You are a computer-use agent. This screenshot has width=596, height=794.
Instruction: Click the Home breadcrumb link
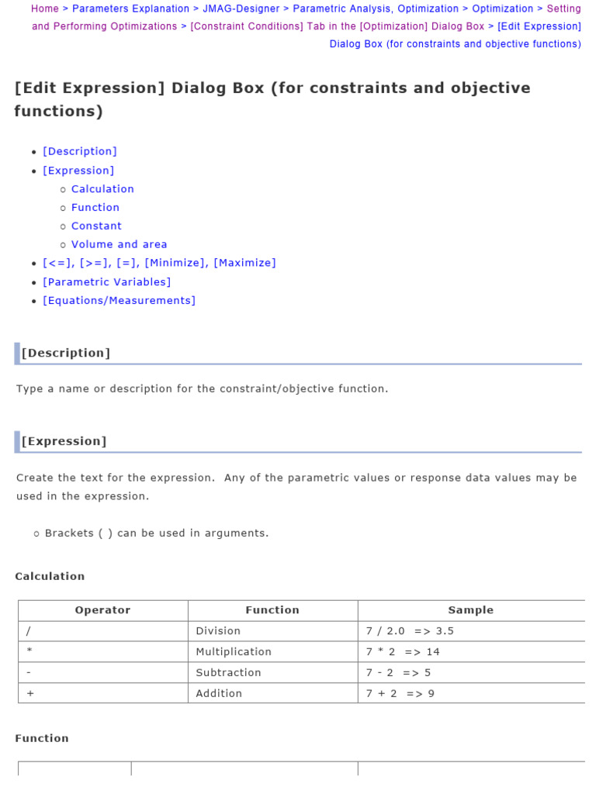click(x=45, y=9)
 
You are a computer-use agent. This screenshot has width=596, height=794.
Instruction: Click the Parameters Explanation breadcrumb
click(x=130, y=9)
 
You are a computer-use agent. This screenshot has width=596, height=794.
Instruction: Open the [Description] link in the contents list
click(x=80, y=151)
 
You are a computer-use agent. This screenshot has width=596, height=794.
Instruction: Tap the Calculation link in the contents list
click(x=102, y=188)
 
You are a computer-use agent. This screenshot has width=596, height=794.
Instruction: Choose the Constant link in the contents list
click(x=96, y=226)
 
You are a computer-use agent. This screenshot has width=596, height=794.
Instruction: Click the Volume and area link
click(x=119, y=244)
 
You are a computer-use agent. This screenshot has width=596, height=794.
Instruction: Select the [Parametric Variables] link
click(x=107, y=281)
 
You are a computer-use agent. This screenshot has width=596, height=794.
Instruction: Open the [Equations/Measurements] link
click(x=120, y=300)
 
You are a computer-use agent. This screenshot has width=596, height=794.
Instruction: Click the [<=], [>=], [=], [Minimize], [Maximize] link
click(x=159, y=263)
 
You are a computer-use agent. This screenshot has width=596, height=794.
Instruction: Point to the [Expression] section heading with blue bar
click(x=64, y=441)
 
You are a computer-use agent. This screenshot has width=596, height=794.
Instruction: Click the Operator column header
click(x=102, y=610)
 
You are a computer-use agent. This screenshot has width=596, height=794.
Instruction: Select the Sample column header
click(x=470, y=610)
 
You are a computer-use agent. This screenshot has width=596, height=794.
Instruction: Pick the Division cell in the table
click(x=218, y=631)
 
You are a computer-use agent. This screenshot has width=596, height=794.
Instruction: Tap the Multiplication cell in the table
click(x=234, y=652)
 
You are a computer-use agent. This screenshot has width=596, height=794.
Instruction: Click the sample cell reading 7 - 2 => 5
click(x=399, y=673)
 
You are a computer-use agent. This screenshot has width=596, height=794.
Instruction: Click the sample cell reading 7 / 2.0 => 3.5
click(x=410, y=631)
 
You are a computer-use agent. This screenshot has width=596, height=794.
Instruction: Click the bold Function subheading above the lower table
click(x=42, y=738)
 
